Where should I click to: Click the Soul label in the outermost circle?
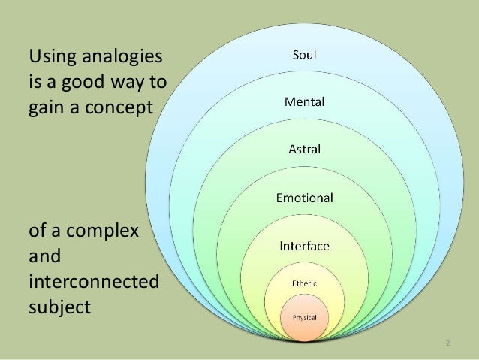coord(304,53)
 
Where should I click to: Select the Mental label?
coord(304,101)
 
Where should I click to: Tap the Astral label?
coord(304,149)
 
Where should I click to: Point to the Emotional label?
coord(304,198)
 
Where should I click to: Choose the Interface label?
coord(304,246)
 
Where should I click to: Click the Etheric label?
coord(304,283)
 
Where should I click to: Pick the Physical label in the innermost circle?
coord(304,318)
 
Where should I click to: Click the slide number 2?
coord(447,343)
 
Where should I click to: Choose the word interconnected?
coord(93,281)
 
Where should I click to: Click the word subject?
coord(59,307)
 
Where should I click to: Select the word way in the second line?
coord(128,82)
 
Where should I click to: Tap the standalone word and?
coord(44,256)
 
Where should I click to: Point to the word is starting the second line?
coord(33,82)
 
